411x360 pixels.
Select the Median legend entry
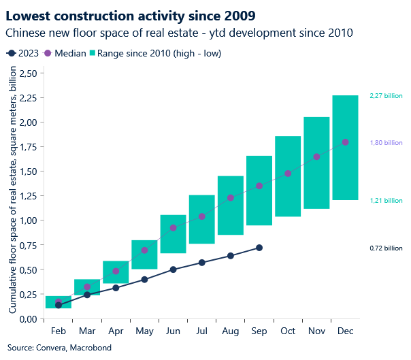67,53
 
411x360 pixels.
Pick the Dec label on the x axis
345,331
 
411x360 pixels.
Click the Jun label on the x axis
173,331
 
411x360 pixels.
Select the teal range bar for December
345,177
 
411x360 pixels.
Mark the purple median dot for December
345,142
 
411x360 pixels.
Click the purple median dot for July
201,216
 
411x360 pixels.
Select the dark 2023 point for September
259,248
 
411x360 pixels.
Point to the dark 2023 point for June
173,269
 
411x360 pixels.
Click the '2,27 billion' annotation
386,96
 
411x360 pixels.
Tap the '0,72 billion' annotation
386,248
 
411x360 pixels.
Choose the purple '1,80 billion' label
386,143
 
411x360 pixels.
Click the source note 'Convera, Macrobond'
52,348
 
